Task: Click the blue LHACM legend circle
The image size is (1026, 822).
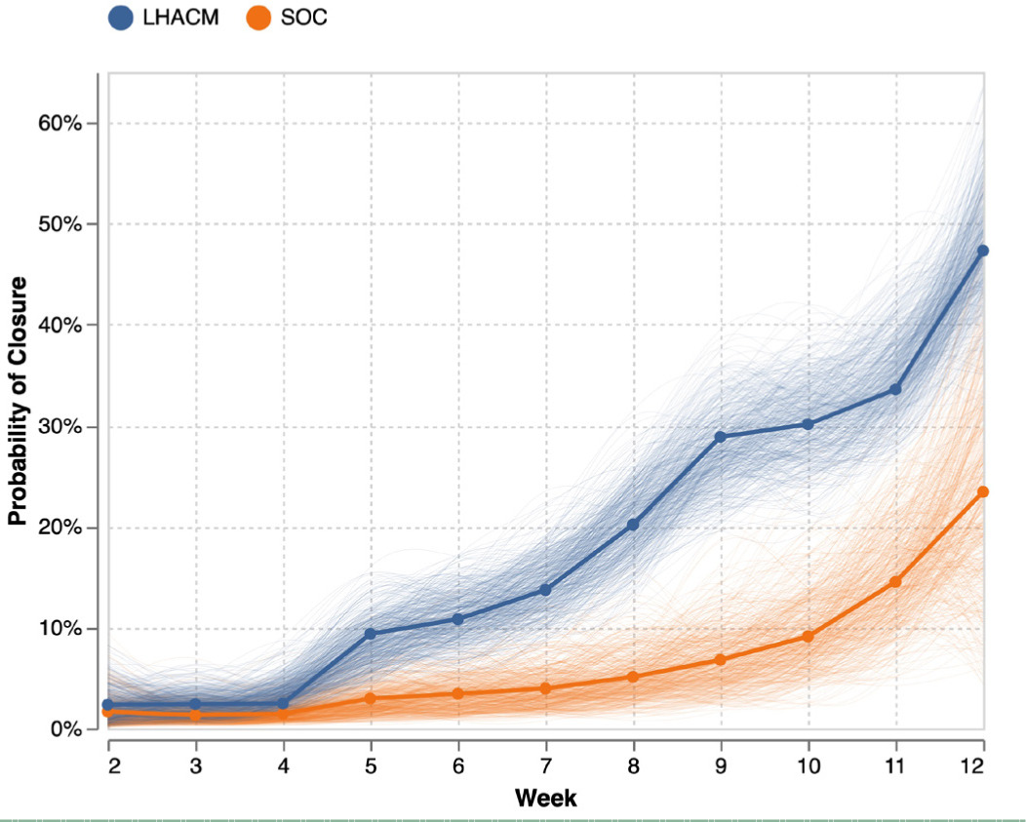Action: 122,19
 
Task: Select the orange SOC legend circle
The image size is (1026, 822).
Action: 258,19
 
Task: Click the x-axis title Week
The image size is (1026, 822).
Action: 545,799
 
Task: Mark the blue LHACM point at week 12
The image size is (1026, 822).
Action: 982,251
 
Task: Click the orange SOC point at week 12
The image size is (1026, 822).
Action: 982,491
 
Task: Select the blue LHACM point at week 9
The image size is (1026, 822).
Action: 721,437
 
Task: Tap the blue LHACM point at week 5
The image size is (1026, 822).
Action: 371,634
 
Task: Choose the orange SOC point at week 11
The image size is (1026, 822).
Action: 895,581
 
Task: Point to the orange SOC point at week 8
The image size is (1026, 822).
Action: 633,677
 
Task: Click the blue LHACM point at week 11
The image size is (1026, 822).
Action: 895,389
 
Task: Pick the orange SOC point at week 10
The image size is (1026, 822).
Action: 808,637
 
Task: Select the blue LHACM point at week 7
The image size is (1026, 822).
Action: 545,590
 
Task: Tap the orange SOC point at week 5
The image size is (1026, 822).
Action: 371,698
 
